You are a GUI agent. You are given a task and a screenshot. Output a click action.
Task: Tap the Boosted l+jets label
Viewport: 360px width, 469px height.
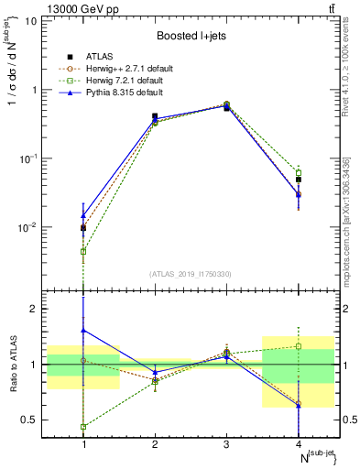tap(191, 36)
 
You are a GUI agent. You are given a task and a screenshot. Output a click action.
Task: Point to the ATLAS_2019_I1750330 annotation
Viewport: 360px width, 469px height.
tap(191, 273)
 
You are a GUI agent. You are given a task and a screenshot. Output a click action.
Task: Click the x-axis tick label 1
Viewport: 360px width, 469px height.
tap(83, 443)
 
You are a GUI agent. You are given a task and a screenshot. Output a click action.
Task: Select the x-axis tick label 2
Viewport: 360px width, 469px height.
tap(155, 443)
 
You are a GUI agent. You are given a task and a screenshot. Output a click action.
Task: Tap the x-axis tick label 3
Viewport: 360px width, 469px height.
tap(226, 443)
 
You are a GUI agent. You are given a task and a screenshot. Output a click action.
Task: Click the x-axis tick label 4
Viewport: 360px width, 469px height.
tap(298, 443)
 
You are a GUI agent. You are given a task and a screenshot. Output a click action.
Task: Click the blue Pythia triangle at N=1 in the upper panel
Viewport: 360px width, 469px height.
tap(83, 215)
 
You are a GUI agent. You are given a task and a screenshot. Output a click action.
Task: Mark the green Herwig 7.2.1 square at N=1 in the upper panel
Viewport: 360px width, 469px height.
tap(83, 251)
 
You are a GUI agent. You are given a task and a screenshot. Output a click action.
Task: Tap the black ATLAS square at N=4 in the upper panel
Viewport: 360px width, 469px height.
tap(298, 180)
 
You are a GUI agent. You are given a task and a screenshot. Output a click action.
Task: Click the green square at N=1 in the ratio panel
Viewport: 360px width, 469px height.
tap(83, 427)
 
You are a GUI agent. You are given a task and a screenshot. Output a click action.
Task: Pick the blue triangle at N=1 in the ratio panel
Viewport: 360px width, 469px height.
tap(83, 330)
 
